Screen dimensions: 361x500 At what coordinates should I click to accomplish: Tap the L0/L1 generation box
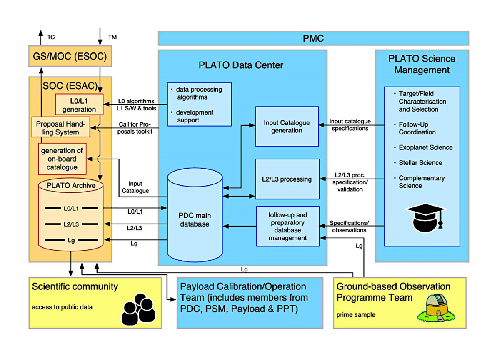[79, 105]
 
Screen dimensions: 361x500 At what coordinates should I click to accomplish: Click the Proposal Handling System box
[61, 128]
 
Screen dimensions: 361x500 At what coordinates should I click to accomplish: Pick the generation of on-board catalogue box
[62, 159]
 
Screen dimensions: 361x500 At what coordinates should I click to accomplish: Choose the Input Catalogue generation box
[287, 127]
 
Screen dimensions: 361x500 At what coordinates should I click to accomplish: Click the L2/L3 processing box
[287, 179]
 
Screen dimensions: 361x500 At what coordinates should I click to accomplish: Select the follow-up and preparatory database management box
[287, 227]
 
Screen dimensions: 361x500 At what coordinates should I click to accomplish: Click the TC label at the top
[51, 37]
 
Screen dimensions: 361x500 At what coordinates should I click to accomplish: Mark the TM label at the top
[112, 37]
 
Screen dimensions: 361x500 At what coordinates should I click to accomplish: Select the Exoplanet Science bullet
[425, 147]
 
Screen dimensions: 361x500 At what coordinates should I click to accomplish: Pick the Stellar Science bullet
[420, 163]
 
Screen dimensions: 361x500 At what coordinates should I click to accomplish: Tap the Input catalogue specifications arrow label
[350, 125]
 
